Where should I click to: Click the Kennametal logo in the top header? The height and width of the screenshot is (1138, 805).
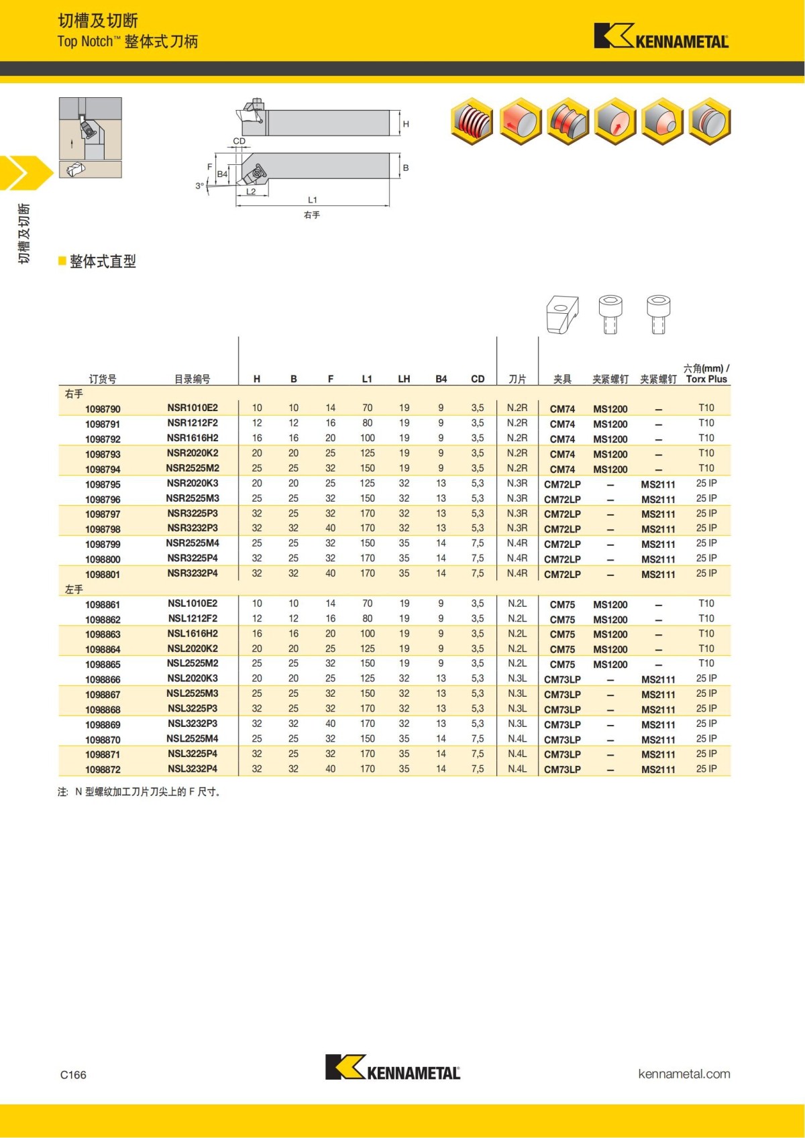pos(661,36)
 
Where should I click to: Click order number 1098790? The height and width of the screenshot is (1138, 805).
pos(103,409)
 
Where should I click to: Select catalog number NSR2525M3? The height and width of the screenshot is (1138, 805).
pos(193,498)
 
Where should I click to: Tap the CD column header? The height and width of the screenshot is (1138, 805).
pos(478,379)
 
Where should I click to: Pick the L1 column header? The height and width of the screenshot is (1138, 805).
pos(367,379)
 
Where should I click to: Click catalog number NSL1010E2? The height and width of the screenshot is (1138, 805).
pos(193,604)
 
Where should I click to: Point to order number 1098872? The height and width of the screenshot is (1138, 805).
pos(103,770)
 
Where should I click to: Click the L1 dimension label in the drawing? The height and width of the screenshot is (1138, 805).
pos(313,200)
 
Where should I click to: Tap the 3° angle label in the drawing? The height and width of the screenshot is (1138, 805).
pos(199,186)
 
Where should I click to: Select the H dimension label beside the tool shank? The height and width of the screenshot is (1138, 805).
pos(406,124)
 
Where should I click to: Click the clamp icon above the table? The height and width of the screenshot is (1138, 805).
pos(562,315)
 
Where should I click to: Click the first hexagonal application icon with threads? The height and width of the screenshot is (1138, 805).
pos(472,121)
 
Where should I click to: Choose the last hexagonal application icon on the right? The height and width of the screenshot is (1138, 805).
pos(710,121)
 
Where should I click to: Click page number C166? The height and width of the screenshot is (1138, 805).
pos(73,1075)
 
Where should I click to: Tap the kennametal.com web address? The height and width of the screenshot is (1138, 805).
pos(684,1074)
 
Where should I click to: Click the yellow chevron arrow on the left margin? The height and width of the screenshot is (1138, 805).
pos(23,173)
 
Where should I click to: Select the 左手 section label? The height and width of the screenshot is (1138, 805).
pos(74,589)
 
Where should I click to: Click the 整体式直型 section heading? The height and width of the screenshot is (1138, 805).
pos(102,262)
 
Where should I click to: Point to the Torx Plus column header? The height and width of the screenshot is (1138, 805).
pos(706,379)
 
